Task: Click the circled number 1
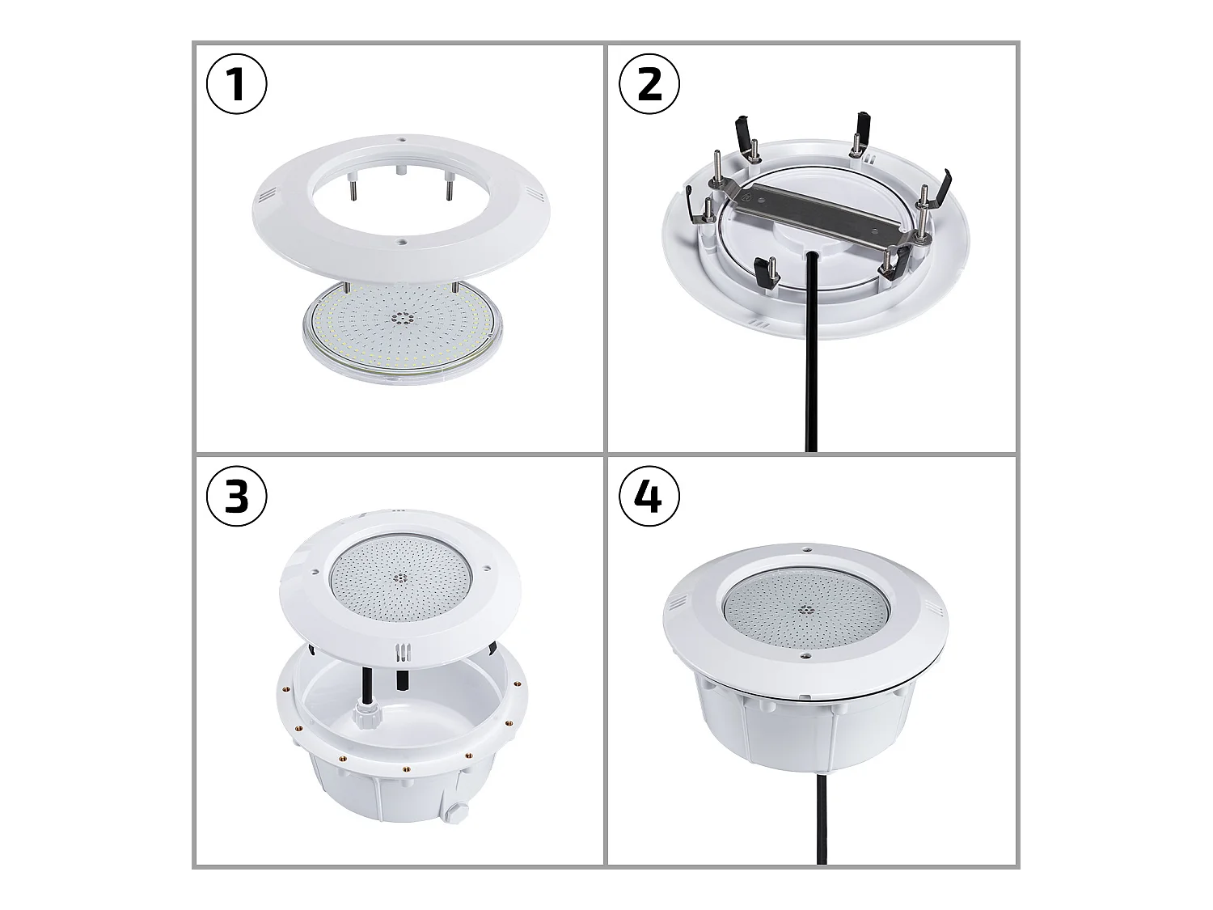pyautogui.click(x=237, y=84)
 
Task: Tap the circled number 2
pyautogui.click(x=649, y=84)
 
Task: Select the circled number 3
pyautogui.click(x=237, y=496)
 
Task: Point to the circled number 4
pyautogui.click(x=649, y=496)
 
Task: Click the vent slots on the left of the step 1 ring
pyautogui.click(x=268, y=197)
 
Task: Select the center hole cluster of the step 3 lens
pyautogui.click(x=400, y=578)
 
